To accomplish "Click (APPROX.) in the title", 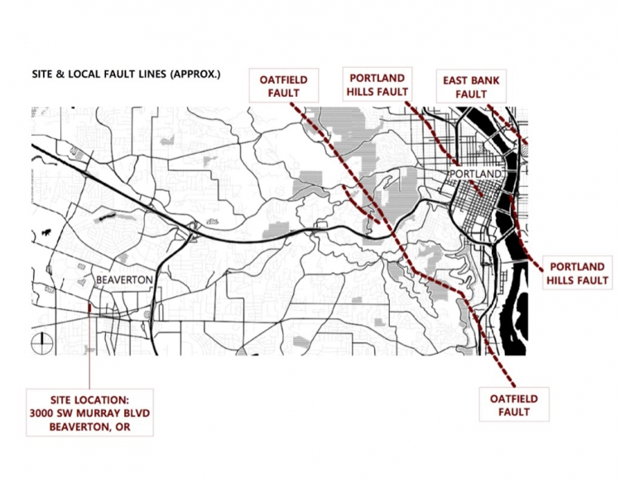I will coord(195,76).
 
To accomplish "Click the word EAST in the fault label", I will coord(456,80).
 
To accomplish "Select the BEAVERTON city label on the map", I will coord(124,279).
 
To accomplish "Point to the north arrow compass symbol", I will coord(41,342).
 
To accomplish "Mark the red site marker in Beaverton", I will coord(89,309).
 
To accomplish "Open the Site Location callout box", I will coord(89,412).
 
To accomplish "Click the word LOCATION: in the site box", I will coord(103,399).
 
